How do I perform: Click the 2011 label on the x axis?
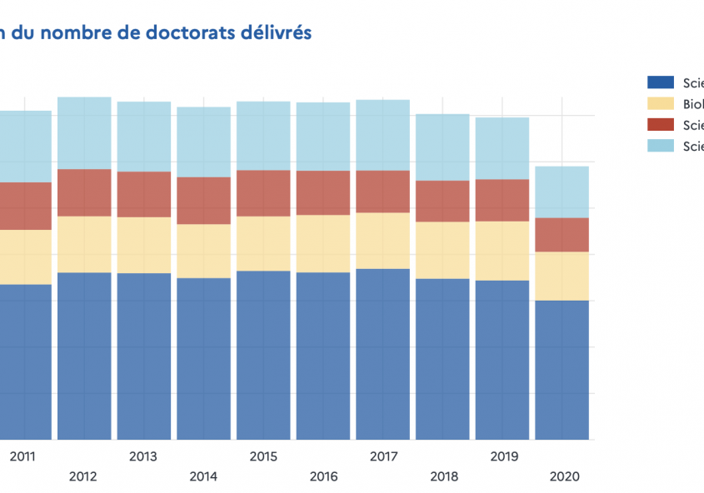[x=23, y=456]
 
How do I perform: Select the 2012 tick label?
[x=83, y=477]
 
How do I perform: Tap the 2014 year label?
[x=203, y=477]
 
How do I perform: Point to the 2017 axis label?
[x=383, y=456]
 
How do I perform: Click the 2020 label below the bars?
[x=563, y=477]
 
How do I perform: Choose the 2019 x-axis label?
[x=503, y=456]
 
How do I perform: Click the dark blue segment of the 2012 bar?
[x=83, y=356]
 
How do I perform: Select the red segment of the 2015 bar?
[x=263, y=193]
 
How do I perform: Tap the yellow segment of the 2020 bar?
[x=562, y=276]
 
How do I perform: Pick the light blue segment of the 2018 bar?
[x=442, y=147]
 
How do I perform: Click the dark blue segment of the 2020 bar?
[x=562, y=370]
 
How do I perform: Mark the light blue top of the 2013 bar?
[x=143, y=137]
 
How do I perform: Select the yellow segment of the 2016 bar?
[x=323, y=243]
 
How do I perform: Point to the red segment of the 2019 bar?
[x=502, y=200]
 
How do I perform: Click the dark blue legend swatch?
[x=660, y=82]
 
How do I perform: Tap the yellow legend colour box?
[x=660, y=104]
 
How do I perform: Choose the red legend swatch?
[x=660, y=126]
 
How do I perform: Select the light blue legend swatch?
[x=660, y=147]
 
